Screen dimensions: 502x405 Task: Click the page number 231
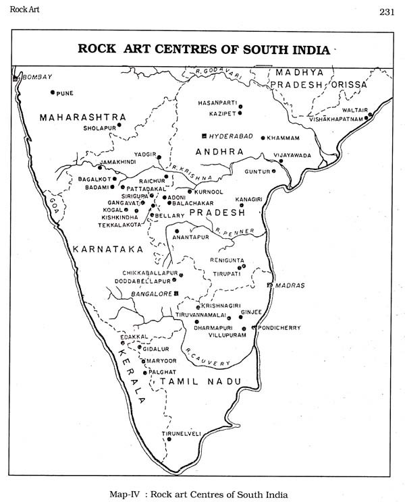pyautogui.click(x=387, y=11)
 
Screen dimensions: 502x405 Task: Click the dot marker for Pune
pyautogui.click(x=52, y=92)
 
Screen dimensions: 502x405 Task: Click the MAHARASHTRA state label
pyautogui.click(x=83, y=117)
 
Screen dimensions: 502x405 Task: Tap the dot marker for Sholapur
pyautogui.click(x=119, y=125)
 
